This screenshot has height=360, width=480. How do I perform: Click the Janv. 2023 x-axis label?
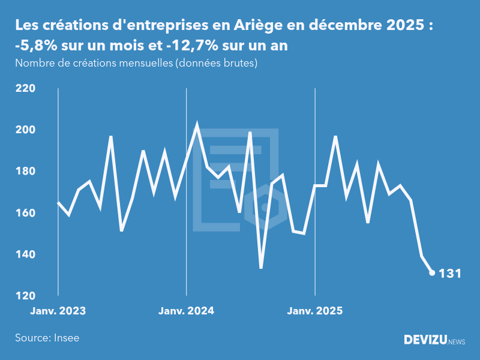click(x=58, y=311)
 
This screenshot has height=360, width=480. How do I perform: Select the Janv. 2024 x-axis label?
click(x=187, y=311)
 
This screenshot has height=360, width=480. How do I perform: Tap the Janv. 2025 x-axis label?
click(x=315, y=311)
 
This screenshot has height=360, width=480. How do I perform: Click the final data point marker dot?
click(x=432, y=273)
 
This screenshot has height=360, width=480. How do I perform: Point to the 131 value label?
click(x=450, y=274)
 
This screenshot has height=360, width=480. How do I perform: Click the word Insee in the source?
click(x=66, y=338)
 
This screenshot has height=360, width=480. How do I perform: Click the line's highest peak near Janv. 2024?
click(x=197, y=126)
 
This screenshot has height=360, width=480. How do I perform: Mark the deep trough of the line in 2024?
click(x=261, y=268)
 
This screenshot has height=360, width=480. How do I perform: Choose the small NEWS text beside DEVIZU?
click(x=457, y=341)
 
